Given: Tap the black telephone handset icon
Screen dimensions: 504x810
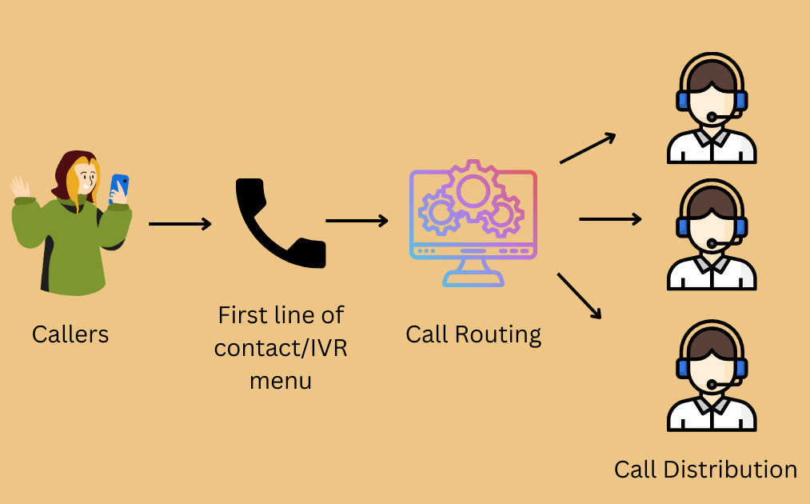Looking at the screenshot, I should click(278, 223).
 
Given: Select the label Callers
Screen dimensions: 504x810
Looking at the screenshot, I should click(70, 334).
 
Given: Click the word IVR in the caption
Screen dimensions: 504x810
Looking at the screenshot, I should click(328, 349).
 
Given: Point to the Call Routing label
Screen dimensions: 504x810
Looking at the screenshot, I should click(473, 334).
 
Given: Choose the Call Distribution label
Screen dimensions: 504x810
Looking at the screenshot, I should click(705, 470).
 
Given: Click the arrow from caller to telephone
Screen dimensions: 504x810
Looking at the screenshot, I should click(180, 224).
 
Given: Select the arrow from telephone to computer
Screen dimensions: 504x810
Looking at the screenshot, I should click(357, 220).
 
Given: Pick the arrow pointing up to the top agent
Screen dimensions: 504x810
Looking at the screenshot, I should click(588, 148).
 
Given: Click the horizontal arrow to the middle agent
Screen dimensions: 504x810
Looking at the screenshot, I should click(610, 218).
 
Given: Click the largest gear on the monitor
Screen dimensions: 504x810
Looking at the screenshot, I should click(472, 190).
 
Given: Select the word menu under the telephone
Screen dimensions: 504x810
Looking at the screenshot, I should click(281, 380).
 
